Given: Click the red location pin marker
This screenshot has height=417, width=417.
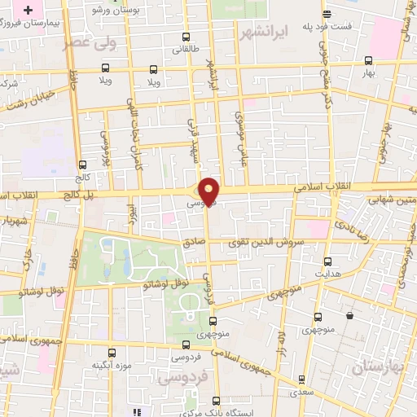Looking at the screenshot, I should tap(209, 189).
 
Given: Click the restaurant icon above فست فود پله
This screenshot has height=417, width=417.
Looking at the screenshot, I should tap(327, 15).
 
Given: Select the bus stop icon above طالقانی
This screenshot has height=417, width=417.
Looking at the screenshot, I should tap(187, 37).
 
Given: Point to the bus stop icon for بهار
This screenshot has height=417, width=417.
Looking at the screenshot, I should tap(368, 60).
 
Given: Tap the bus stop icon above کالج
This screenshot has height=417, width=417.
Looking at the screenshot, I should tap(81, 165).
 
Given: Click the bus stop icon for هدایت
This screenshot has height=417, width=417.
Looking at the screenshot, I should tap(327, 261).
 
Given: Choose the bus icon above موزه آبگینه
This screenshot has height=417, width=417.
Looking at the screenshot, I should tap(112, 353).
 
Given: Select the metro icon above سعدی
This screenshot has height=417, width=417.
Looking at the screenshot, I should tap(303, 379).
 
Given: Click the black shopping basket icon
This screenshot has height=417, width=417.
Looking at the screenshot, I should tap(349, 315).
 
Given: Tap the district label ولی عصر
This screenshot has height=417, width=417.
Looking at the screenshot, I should tap(89, 41).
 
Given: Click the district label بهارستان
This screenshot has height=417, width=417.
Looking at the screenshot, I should tap(379, 367).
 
